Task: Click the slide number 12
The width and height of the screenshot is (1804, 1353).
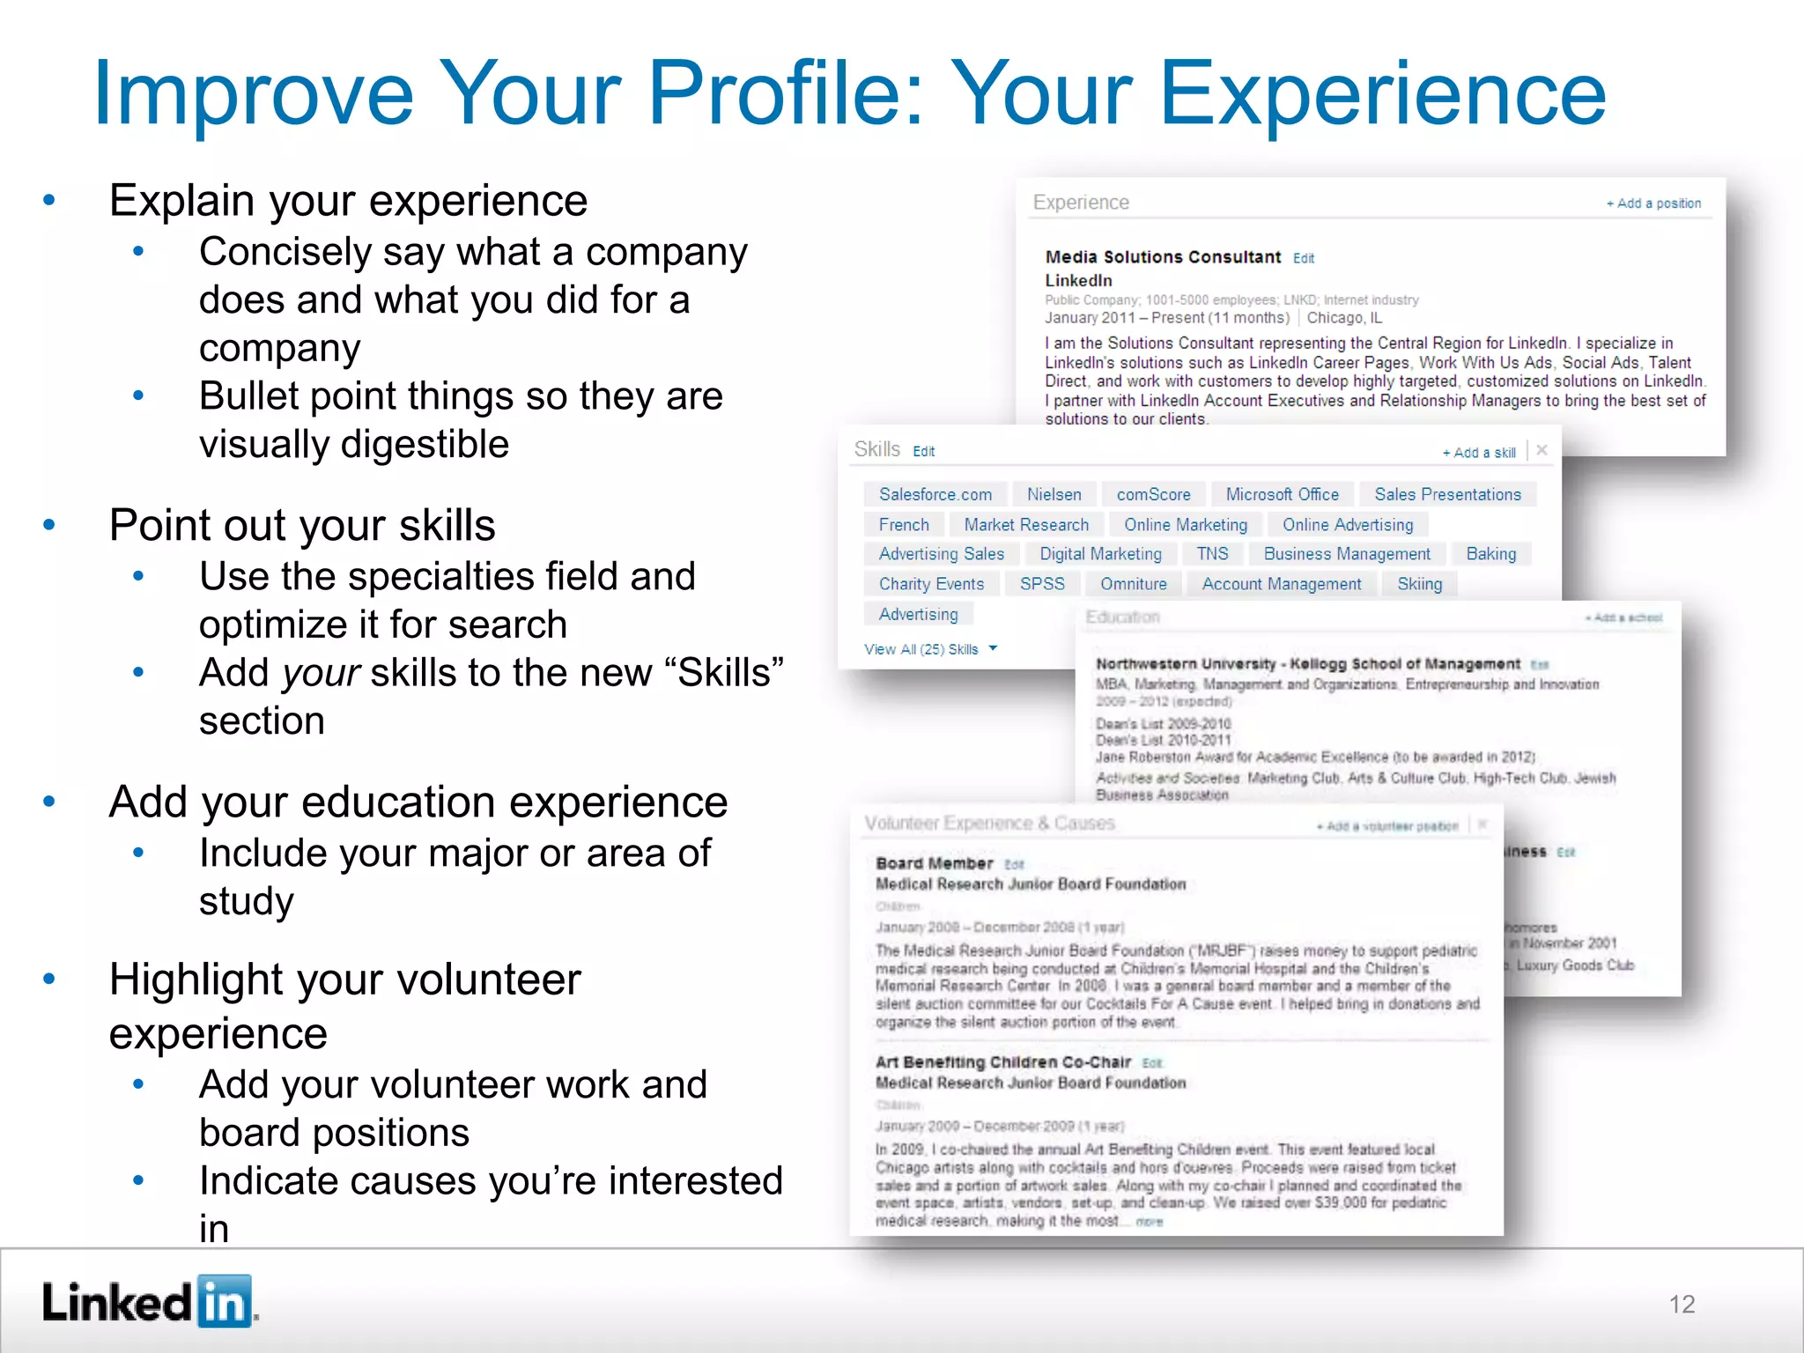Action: click(1682, 1304)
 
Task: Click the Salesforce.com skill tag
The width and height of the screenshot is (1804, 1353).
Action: click(935, 494)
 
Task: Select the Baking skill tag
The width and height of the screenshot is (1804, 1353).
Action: click(1490, 554)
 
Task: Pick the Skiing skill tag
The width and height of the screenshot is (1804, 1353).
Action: click(1419, 584)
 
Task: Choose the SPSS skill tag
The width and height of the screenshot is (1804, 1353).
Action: click(1042, 584)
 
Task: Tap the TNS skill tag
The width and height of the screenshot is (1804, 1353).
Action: click(1212, 554)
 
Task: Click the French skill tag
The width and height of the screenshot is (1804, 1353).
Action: click(904, 525)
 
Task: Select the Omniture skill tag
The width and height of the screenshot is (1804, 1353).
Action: click(1133, 584)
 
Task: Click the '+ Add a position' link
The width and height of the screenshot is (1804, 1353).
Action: click(1653, 203)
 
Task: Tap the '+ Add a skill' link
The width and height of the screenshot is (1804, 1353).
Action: click(1479, 453)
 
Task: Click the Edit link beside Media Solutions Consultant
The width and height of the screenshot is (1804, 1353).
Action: click(1304, 258)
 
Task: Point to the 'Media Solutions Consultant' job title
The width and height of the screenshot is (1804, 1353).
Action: click(1163, 257)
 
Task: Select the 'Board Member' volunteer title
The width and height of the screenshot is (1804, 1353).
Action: click(934, 863)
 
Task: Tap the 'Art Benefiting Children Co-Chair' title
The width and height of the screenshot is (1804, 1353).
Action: click(1003, 1062)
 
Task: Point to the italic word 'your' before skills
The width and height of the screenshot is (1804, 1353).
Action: click(321, 673)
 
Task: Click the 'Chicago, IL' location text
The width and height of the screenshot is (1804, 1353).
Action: click(1344, 318)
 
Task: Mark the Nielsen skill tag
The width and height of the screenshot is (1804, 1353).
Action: click(1054, 494)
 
